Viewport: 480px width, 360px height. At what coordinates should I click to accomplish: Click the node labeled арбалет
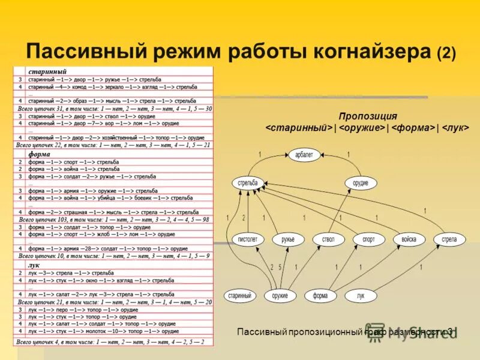coord(304,155)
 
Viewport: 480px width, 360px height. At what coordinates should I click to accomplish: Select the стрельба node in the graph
coord(247,182)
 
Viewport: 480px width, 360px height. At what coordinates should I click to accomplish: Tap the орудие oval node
coord(361,182)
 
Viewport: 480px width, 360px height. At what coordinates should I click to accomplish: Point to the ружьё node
coord(288,239)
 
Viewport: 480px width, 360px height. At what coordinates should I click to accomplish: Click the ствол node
coord(328,239)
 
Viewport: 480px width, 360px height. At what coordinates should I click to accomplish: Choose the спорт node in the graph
coord(368,239)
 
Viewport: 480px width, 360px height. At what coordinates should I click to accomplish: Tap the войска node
coord(409,239)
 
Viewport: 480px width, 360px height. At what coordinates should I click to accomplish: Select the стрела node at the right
coord(449,239)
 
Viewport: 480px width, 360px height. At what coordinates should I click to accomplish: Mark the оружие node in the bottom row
coord(280,295)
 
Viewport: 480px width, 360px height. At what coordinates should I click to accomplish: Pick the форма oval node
coord(320,295)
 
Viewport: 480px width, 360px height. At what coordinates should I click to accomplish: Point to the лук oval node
coord(360,295)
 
